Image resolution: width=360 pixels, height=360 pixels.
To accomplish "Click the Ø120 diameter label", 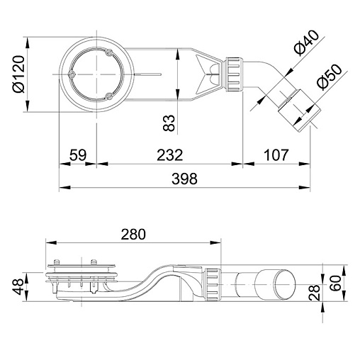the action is point(19,74).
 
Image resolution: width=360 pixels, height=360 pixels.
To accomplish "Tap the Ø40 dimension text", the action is point(306,43).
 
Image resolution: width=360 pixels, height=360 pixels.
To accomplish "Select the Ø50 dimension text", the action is point(330,77).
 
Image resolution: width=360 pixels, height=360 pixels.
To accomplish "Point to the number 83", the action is point(169,123).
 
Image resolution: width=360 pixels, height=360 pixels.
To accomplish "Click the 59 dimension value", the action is point(78,154).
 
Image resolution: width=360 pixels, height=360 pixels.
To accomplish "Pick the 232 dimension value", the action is point(170,154).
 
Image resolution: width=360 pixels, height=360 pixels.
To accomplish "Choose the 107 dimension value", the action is point(276,154).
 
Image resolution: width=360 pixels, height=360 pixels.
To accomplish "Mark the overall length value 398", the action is point(184,179).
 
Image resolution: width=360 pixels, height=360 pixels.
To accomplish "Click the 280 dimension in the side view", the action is point(133,234).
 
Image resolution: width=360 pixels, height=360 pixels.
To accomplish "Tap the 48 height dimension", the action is point(18,286).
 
